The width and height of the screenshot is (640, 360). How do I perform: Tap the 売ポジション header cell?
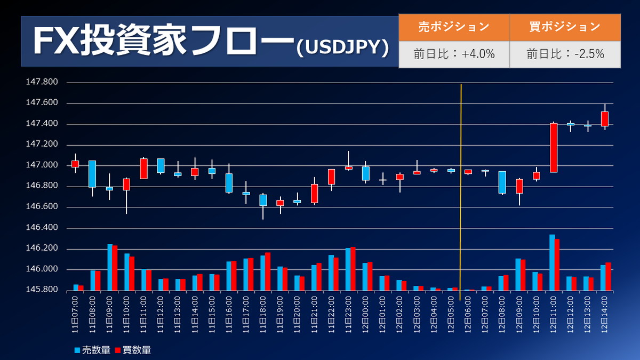(x=454, y=27)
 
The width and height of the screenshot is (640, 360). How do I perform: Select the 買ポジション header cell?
(x=565, y=27)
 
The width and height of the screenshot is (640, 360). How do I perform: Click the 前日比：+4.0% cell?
(x=454, y=54)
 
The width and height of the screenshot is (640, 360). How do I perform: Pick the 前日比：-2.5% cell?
(x=565, y=54)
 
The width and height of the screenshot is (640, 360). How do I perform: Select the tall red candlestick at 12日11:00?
(x=554, y=148)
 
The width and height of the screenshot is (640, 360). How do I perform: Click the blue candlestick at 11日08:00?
(x=92, y=174)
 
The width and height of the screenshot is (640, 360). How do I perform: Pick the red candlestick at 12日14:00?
(x=605, y=118)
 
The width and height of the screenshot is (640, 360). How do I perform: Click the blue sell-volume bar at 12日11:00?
(x=552, y=263)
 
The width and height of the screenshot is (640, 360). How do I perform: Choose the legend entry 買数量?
(x=133, y=350)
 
